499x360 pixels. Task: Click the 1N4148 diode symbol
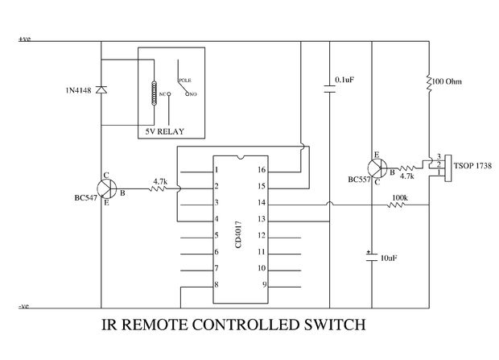(x=101, y=89)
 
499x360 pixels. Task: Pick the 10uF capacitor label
(x=389, y=258)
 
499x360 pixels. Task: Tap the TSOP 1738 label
(x=474, y=165)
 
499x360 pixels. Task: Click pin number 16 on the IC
(x=260, y=170)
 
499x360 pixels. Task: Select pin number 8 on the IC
(x=216, y=285)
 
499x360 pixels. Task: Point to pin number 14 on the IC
(x=260, y=203)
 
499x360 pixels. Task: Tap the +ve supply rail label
(x=25, y=39)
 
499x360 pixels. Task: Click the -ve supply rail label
(x=24, y=307)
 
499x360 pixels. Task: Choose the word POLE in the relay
(x=184, y=81)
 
